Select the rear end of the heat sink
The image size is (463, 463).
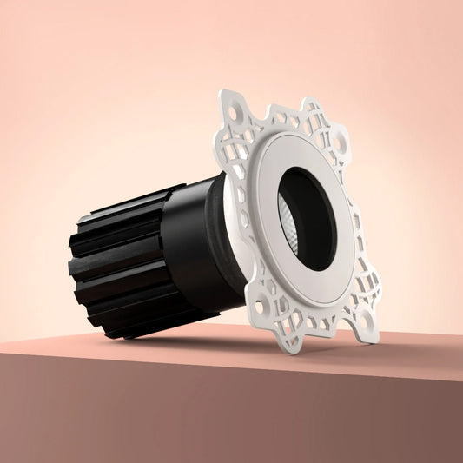[x=83, y=269]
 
